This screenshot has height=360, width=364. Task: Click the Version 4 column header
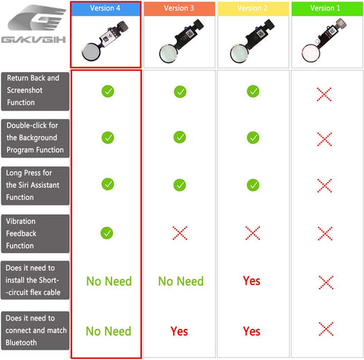coord(105,9)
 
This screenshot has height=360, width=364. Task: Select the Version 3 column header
coord(179,9)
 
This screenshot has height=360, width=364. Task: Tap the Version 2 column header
coord(253,9)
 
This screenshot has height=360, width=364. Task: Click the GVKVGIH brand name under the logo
coord(33,39)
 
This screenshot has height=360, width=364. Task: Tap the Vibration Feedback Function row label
coord(35,234)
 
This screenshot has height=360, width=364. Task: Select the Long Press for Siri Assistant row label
coord(35,186)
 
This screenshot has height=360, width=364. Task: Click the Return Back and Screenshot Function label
coord(35,91)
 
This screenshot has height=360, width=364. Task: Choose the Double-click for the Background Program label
coord(35,138)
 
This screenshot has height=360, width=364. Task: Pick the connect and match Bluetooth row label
coord(35,330)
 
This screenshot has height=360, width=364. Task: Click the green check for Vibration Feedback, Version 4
coord(107,233)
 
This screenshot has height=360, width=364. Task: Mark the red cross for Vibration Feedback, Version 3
coord(180,233)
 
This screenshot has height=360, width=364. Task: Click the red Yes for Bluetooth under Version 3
coord(179,331)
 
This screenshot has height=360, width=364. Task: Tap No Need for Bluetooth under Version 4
coord(108,331)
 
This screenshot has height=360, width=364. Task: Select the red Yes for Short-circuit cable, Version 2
coord(252,281)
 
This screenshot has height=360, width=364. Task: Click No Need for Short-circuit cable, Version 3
coord(181,281)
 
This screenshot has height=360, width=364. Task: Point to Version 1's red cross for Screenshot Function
coord(324,94)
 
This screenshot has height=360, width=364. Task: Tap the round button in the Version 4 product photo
coord(91,52)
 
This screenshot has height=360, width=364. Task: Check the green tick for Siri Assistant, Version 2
coord(253,185)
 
